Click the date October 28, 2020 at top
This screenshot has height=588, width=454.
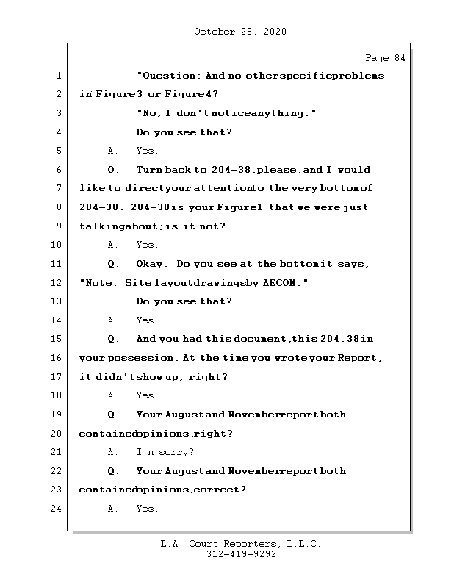tap(240, 32)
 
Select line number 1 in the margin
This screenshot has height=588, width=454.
tap(59, 76)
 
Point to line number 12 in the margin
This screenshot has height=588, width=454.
tap(57, 283)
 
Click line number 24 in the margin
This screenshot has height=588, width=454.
tap(57, 509)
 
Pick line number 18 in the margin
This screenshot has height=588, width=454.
tap(57, 395)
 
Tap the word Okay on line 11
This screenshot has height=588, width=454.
tap(151, 264)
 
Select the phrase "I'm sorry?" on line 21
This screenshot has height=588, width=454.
tap(165, 452)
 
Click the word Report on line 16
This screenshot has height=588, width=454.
tap(359, 358)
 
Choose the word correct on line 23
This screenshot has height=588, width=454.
tap(219, 490)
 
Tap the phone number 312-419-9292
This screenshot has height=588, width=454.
tap(241, 555)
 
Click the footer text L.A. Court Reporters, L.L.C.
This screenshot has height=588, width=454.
tap(241, 545)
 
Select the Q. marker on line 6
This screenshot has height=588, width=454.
tap(113, 170)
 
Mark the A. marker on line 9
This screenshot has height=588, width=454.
tap(113, 245)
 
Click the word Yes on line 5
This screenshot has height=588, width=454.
tap(147, 151)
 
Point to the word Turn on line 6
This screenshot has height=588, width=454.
tap(150, 170)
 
